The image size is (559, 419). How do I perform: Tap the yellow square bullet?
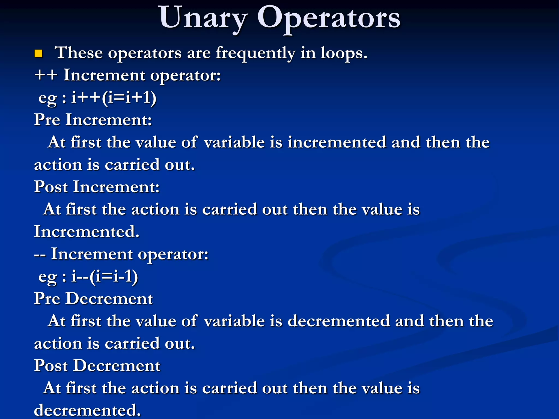point(38,54)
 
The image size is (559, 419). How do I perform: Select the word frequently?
point(255,53)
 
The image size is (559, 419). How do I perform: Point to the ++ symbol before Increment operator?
point(46,75)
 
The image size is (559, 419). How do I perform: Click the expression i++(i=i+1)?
point(114,98)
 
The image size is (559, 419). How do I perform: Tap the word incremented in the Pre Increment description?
point(337,142)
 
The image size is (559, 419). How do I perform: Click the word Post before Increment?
point(51,187)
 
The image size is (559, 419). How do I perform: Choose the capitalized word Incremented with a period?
point(87,232)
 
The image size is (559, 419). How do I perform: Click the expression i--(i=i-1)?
point(105,277)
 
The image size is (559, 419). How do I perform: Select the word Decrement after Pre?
point(109,299)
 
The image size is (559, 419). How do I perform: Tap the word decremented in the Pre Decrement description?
point(338,321)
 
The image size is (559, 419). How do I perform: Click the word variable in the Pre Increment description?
point(234,142)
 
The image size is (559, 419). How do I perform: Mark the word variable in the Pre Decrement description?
point(234,321)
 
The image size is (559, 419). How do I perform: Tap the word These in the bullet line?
point(79,53)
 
